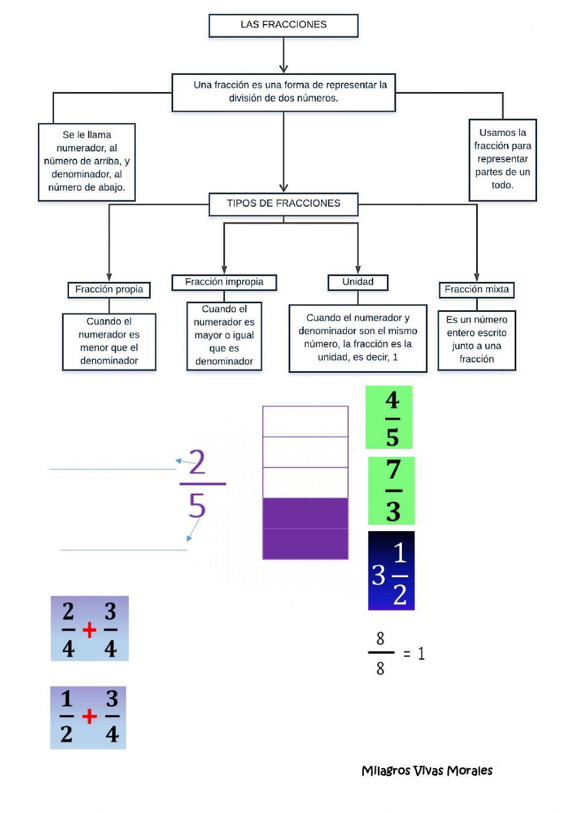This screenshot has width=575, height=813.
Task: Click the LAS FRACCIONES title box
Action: tap(283, 25)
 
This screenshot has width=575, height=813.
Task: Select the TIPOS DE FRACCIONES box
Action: tap(283, 204)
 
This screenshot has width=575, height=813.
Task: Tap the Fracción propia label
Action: tap(109, 289)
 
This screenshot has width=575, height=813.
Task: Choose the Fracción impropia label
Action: tap(224, 282)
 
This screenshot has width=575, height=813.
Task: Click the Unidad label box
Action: tap(358, 282)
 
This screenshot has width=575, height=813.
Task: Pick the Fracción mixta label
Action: tap(477, 289)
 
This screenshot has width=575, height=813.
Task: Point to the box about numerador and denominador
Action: tap(87, 162)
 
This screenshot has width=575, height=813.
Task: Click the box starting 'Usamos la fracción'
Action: tap(503, 159)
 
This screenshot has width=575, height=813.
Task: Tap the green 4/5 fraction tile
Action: tap(389, 417)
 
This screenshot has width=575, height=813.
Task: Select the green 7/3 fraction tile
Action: tap(391, 491)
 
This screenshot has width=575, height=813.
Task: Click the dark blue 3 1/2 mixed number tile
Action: tap(391, 571)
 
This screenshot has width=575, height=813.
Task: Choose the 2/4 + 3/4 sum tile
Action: tap(90, 628)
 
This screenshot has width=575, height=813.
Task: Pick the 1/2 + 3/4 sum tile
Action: tap(88, 717)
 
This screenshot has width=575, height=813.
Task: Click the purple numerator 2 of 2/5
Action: tap(197, 463)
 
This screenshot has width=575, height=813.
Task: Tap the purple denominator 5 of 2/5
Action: tap(197, 506)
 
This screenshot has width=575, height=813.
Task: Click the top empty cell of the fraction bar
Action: tap(305, 421)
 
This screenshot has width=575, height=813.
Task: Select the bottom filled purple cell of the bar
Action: tap(305, 544)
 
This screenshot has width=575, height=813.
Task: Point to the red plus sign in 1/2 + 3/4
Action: tap(89, 717)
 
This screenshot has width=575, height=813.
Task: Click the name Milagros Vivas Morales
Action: tap(427, 770)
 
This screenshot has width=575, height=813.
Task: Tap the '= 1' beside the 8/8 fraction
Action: tap(414, 654)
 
